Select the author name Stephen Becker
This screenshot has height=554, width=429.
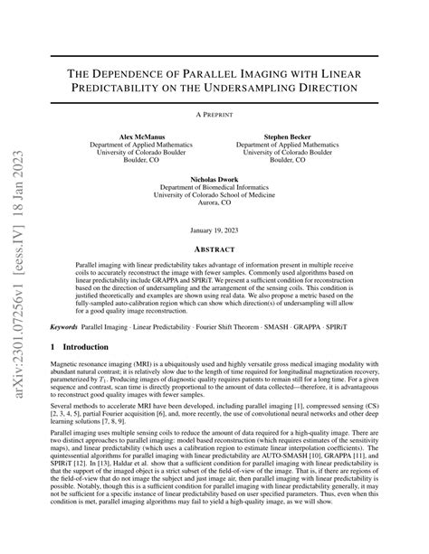pyautogui.click(x=287, y=136)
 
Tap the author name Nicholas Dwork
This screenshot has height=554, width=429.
pyautogui.click(x=214, y=180)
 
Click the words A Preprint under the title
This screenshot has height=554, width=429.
pyautogui.click(x=214, y=115)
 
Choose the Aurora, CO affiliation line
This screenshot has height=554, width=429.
pyautogui.click(x=214, y=202)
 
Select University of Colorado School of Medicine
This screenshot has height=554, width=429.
pyautogui.click(x=214, y=196)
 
